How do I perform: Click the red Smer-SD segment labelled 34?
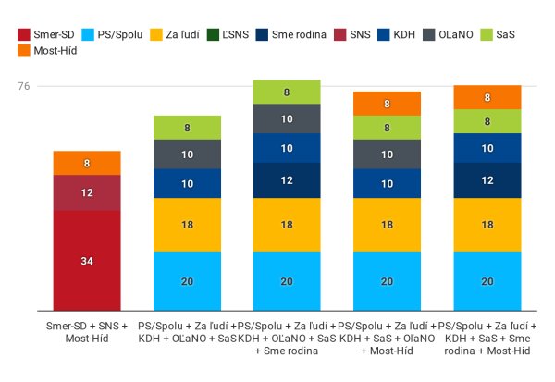[87, 261]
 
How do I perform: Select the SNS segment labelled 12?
[87, 192]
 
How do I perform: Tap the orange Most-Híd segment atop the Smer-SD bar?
[87, 163]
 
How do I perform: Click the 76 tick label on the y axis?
[23, 87]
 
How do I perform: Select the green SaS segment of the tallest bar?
[287, 92]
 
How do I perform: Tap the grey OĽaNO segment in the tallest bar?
[287, 118]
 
